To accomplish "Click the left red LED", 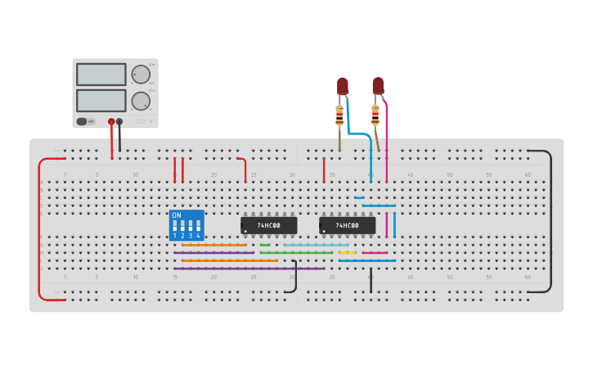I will tap(342, 85).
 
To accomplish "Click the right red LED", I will tap(377, 85).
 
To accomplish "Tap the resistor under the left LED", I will tap(339, 115).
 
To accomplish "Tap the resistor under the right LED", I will tap(375, 115).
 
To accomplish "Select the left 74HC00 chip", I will tap(268, 225).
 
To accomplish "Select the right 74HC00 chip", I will tap(347, 225).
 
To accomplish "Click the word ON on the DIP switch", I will tap(177, 215).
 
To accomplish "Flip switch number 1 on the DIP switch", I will tap(174, 225).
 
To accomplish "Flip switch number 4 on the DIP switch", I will tap(198, 225).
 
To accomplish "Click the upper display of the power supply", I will tap(101, 75).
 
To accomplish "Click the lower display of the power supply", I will tap(101, 101).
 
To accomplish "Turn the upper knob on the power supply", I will tap(141, 75).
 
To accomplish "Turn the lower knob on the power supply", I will tap(141, 102).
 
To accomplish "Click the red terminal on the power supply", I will tap(111, 121).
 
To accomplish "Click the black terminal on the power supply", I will tap(119, 121).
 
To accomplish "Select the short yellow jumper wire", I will tap(347, 253).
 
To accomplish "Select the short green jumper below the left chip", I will tap(265, 245).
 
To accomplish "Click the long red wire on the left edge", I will tap(39, 229).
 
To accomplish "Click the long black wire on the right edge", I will tap(550, 221).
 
